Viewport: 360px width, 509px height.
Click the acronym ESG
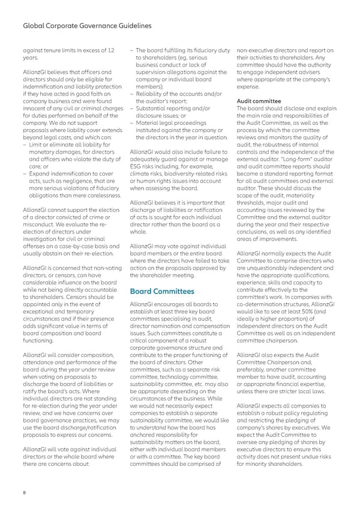point(137,161)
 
